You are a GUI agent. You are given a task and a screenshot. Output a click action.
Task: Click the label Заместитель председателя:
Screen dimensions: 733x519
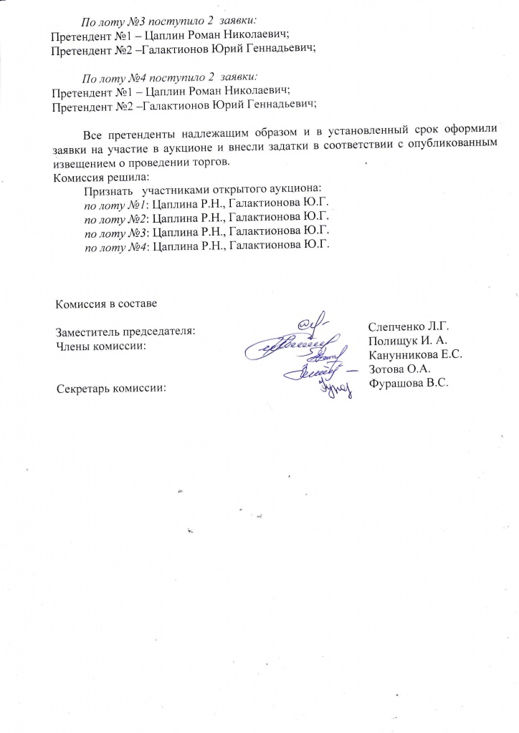coord(125,332)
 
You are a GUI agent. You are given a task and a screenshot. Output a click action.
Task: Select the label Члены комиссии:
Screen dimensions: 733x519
coord(101,346)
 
